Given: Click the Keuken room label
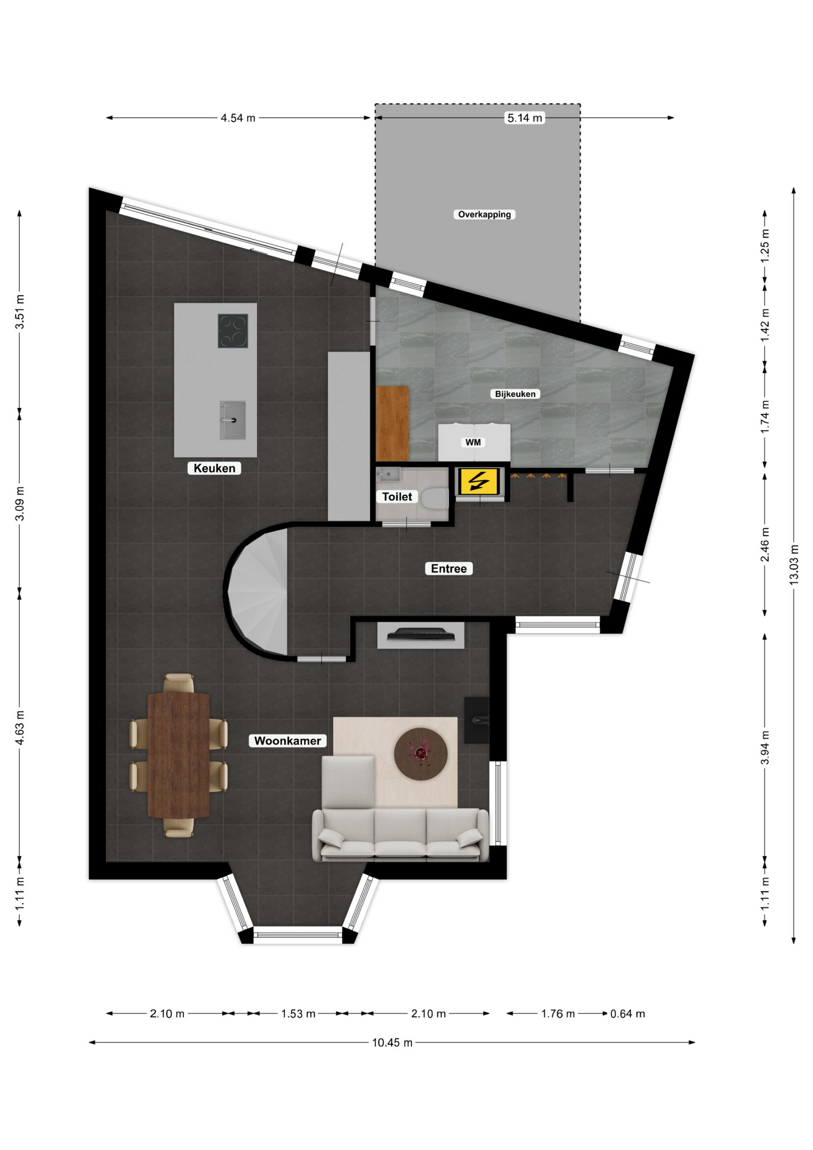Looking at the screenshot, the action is (214, 468).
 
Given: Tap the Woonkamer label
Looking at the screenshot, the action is (287, 741).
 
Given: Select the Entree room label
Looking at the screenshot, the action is (448, 568).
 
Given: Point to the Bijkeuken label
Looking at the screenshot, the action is (515, 394).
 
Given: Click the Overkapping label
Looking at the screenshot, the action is (484, 214).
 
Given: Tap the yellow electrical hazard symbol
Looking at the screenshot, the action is (478, 482).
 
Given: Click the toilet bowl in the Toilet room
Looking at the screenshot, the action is (435, 497).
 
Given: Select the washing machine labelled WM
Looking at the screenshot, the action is (474, 443).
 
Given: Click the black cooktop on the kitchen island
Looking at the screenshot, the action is (233, 331).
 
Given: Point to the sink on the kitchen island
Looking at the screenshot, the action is (232, 420).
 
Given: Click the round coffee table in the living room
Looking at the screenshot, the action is (421, 754).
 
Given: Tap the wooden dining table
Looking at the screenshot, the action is (178, 755).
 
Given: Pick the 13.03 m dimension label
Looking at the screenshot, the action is (794, 565).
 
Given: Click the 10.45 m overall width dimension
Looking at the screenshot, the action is (392, 1043).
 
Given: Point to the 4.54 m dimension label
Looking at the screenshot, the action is (238, 118).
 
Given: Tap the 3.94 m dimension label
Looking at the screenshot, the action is (765, 747).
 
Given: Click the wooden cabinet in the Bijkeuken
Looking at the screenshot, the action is (393, 423).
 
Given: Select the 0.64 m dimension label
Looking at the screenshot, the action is (627, 1014).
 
